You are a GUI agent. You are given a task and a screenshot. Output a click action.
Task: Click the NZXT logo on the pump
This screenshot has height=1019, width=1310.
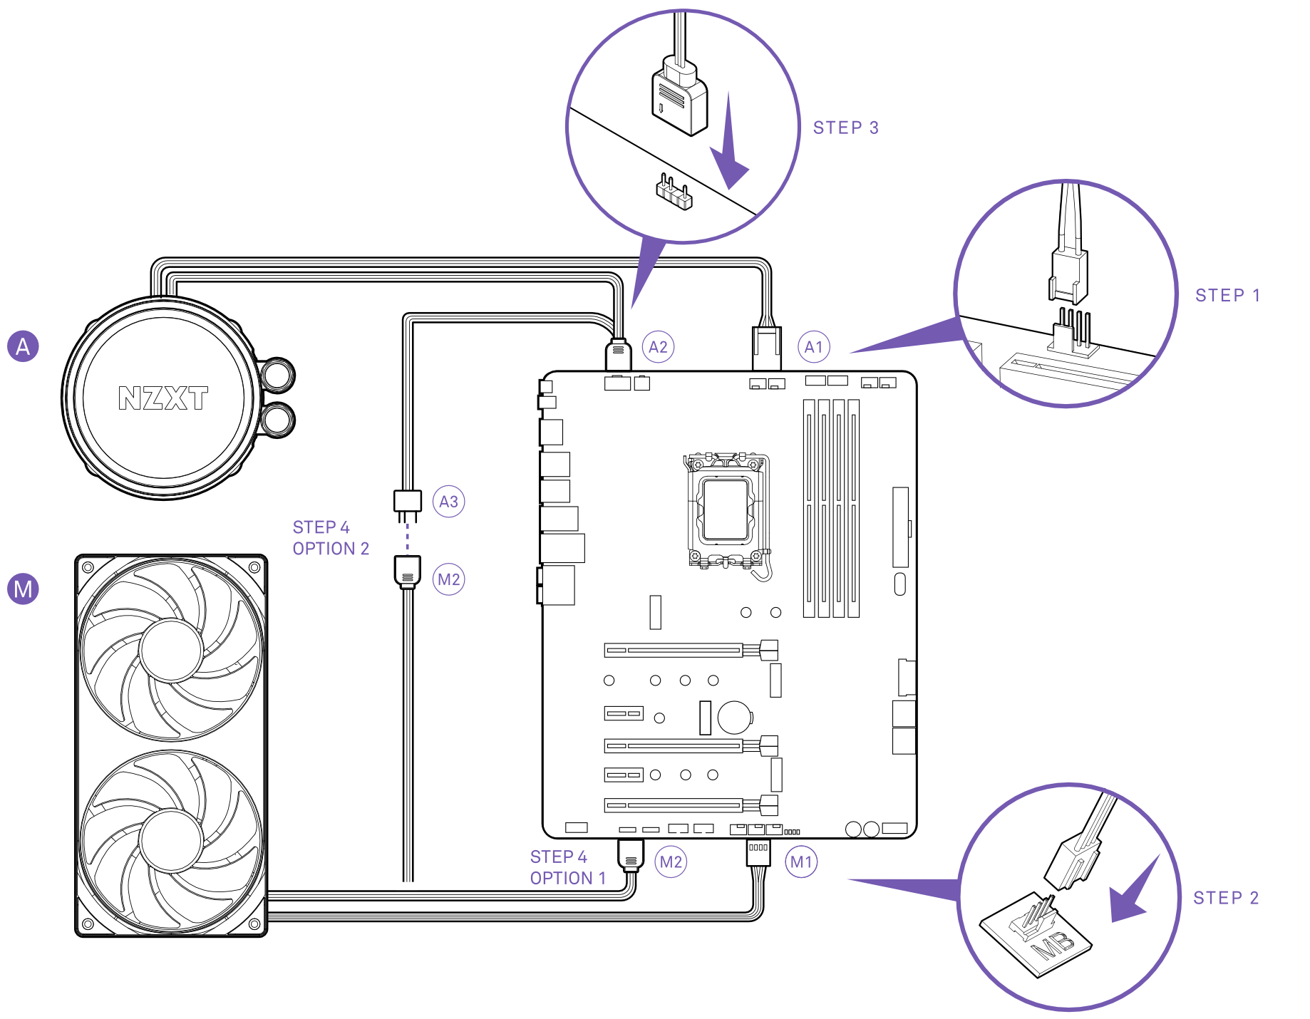point(163,398)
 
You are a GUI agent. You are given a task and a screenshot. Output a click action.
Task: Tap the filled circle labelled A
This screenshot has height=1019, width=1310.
point(23,346)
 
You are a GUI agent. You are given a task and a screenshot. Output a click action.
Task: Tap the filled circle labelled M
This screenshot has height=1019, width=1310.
point(23,589)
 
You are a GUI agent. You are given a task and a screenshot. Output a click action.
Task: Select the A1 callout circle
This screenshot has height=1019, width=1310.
point(813,347)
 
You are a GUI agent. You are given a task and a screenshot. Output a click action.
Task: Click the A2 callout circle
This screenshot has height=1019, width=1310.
point(658,347)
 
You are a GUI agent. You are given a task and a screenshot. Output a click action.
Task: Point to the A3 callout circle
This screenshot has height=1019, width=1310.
point(448,502)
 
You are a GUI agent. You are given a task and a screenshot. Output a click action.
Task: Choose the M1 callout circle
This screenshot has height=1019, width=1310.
point(801,862)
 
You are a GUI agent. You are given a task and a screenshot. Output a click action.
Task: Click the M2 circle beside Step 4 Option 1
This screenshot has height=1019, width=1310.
point(671,862)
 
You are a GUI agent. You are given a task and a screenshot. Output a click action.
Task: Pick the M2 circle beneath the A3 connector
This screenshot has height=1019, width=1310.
point(448,579)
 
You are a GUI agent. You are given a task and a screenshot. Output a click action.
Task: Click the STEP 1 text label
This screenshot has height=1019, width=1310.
point(1227,296)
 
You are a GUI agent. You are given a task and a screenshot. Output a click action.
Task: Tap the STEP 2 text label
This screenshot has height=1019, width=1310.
point(1226,898)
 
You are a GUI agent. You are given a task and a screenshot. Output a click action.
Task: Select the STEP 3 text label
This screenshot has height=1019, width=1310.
point(846,128)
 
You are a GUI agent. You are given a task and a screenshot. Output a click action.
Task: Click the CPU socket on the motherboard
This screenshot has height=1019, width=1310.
point(726,509)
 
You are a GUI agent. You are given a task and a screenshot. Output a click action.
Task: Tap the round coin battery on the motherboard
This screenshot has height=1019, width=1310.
point(735,718)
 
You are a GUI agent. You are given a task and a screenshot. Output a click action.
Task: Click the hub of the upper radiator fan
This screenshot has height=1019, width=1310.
point(171,649)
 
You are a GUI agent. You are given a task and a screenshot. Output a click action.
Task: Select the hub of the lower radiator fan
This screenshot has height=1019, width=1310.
point(171,841)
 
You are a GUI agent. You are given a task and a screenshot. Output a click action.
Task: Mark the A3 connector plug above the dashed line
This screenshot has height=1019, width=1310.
point(408,500)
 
